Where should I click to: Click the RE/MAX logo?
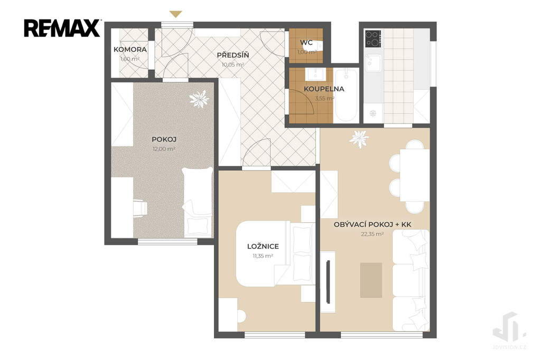pyautogui.click(x=62, y=28)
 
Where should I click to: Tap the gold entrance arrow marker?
pyautogui.click(x=175, y=14)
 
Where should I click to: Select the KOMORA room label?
pyautogui.click(x=130, y=50)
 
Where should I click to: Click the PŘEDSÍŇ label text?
pyautogui.click(x=233, y=55)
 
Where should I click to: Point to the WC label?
pyautogui.click(x=306, y=43)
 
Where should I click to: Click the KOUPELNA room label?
pyautogui.click(x=324, y=89)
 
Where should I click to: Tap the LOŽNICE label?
pyautogui.click(x=263, y=247)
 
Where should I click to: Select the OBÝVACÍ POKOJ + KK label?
pyautogui.click(x=372, y=224)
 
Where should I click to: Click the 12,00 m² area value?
pyautogui.click(x=164, y=149)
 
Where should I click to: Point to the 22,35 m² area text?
pyautogui.click(x=372, y=234)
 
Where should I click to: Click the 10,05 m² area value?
pyautogui.click(x=233, y=64)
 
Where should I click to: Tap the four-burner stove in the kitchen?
pyautogui.click(x=373, y=39)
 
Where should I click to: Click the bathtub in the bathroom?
pyautogui.click(x=346, y=95)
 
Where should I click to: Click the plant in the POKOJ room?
pyautogui.click(x=199, y=99)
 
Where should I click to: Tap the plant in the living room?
pyautogui.click(x=359, y=139)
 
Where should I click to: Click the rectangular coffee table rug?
pyautogui.click(x=371, y=280)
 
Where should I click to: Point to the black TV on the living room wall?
pyautogui.click(x=328, y=282)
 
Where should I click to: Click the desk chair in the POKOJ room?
pyautogui.click(x=139, y=209)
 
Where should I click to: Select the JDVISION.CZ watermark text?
pyautogui.click(x=509, y=347)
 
